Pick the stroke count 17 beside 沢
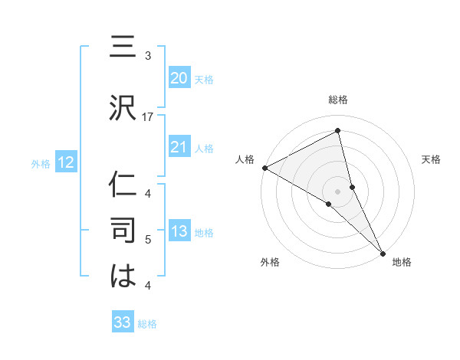coord(148,116)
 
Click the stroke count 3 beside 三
coord(148,56)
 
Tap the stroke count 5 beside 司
coord(148,240)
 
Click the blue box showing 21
coord(179,147)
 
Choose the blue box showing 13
coord(179,231)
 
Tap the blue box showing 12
coord(66,162)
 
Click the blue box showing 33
coord(123,322)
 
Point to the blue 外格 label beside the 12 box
coord(41,163)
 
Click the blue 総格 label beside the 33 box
coord(147,324)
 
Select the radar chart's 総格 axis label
coord(338,100)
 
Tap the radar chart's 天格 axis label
coord(432,159)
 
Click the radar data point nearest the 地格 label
coord(383,251)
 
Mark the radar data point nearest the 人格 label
coord(264,168)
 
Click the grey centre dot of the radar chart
coord(338,191)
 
